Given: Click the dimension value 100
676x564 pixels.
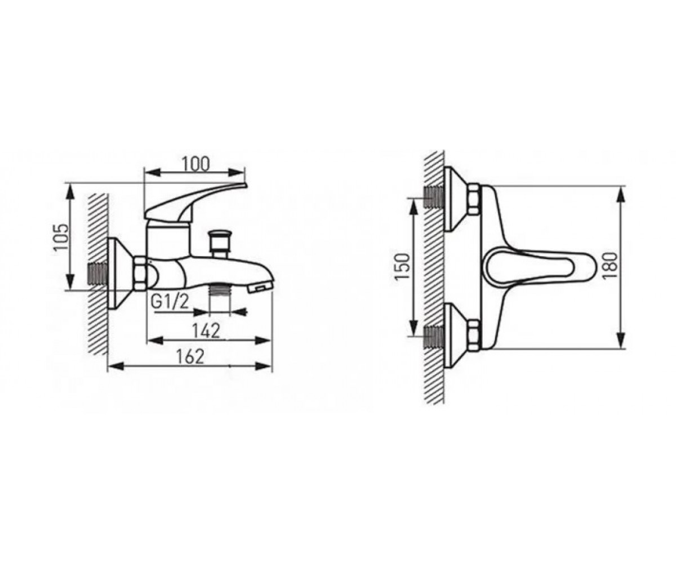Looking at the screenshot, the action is (196, 164).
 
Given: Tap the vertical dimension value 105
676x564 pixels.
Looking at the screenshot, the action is (61, 237).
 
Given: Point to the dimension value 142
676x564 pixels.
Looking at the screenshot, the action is (206, 331).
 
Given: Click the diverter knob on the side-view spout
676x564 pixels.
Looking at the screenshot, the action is (220, 244).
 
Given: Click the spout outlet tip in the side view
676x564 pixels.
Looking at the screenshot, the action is (261, 287).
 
